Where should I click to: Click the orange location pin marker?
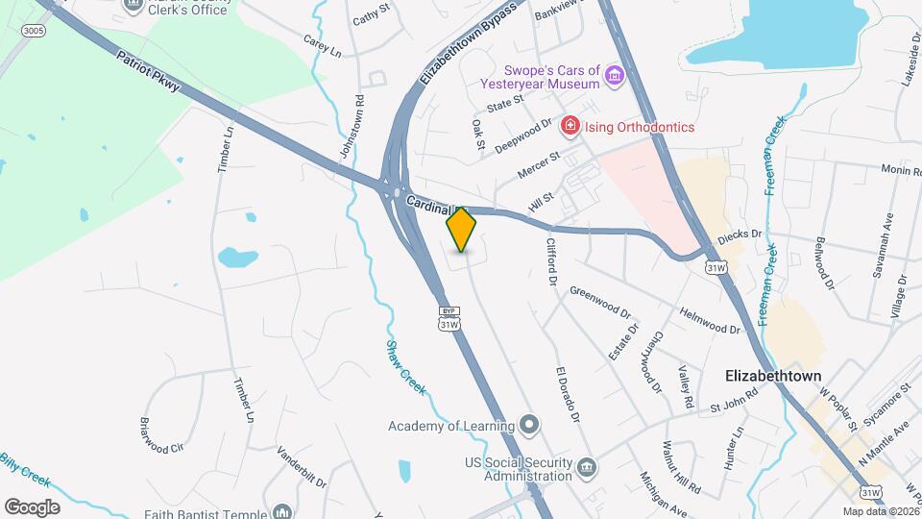pyautogui.click(x=462, y=230)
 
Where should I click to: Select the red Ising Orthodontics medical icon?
pyautogui.click(x=570, y=127)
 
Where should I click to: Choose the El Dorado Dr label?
pyautogui.click(x=568, y=394)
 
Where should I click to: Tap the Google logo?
pyautogui.click(x=32, y=507)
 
